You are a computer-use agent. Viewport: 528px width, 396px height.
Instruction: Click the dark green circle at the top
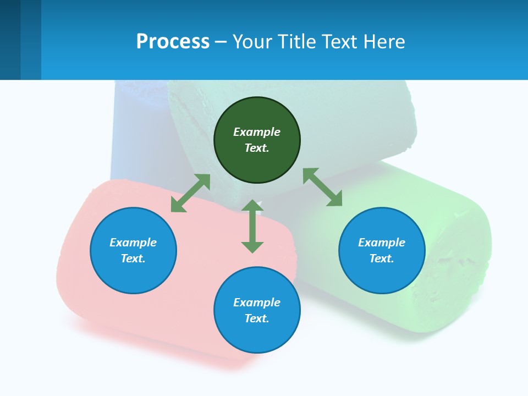pos(257,140)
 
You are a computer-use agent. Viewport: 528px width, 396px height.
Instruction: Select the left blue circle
pos(133,251)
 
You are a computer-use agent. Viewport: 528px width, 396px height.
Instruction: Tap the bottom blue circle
pos(257,310)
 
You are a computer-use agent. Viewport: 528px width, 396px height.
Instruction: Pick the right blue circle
pos(382,251)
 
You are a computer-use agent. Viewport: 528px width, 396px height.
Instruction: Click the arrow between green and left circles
pos(190,193)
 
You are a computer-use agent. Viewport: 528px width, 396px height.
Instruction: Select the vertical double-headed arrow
pos(252,226)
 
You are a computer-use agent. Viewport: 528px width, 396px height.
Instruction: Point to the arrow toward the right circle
pos(322,187)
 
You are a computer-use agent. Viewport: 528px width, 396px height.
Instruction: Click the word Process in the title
pos(173,41)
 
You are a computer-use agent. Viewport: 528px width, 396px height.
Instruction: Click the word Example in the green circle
pos(257,132)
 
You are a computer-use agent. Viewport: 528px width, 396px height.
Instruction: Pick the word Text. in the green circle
pos(257,148)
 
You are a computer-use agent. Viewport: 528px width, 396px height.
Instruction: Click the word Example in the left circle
pos(133,243)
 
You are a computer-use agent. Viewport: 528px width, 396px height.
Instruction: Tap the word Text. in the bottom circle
pos(257,318)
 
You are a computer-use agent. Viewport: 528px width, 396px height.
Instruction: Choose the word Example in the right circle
pos(382,243)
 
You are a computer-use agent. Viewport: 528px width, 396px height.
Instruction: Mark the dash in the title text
pos(221,42)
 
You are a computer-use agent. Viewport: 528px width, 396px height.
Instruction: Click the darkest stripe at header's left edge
pos(10,40)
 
